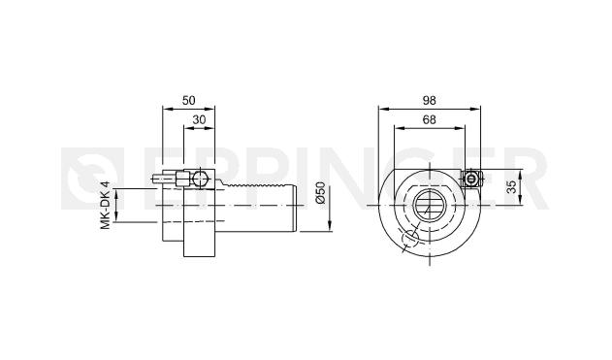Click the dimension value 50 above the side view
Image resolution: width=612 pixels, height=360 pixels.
[x=188, y=101]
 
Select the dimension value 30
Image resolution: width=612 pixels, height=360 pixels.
[x=199, y=120]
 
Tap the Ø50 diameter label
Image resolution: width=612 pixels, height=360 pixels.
[x=320, y=192]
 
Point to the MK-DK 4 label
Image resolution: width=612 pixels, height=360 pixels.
[x=106, y=206]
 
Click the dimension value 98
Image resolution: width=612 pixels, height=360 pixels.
[x=429, y=101]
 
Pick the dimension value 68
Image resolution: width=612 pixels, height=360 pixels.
[x=429, y=120]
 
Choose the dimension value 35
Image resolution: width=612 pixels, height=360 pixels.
[x=512, y=187]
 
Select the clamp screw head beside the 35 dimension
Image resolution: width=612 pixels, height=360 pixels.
[x=471, y=180]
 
